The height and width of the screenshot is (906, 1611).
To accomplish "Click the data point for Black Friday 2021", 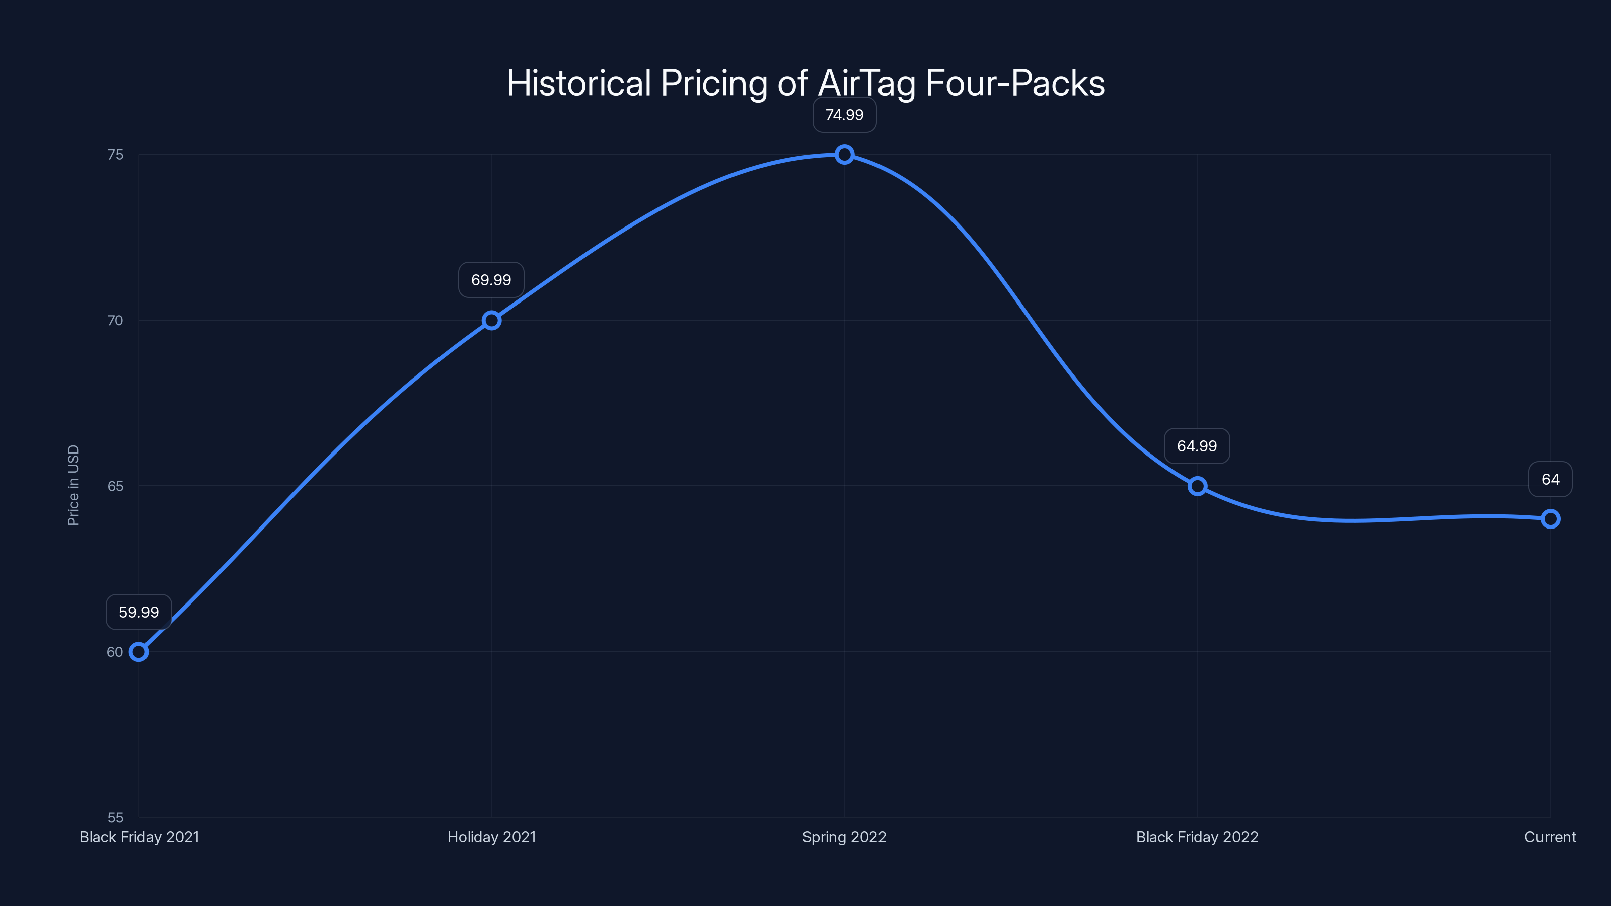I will click(138, 652).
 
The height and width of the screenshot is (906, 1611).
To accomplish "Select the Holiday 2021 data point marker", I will click(491, 320).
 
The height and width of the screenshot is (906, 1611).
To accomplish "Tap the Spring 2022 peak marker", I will click(844, 155).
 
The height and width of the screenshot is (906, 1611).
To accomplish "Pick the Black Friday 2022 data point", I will click(1197, 486).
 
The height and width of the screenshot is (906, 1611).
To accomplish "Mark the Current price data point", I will click(1551, 519).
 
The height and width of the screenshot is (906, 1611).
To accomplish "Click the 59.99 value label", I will click(139, 612).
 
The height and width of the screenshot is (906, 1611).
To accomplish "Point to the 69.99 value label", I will click(491, 280).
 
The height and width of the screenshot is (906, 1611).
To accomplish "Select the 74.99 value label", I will click(844, 115).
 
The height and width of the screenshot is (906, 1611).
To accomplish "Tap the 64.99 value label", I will click(1197, 446).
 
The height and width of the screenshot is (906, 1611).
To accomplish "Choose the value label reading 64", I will click(1551, 480).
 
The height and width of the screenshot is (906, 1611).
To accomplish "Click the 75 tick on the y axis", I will click(116, 155).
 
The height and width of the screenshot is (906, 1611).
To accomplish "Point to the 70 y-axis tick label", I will click(116, 320).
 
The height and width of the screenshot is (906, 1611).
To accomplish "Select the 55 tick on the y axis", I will click(116, 817).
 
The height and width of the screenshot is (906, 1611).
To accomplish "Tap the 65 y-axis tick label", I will click(116, 486).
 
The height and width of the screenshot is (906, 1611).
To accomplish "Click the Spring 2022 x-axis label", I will click(844, 837).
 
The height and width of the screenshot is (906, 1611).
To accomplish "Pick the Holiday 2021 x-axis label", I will click(491, 837).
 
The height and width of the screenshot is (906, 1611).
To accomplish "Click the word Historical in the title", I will click(579, 83).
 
